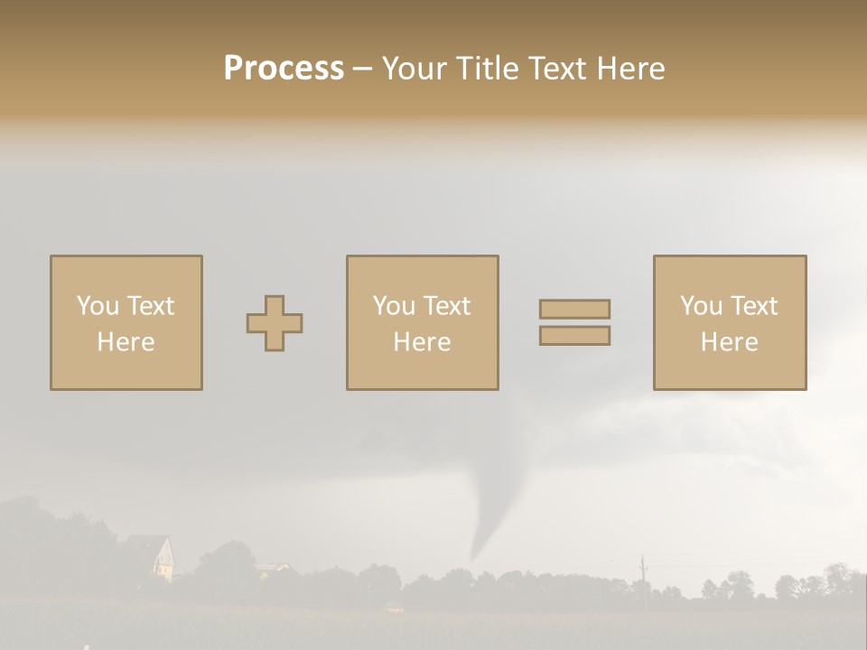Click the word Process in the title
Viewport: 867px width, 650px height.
[284, 69]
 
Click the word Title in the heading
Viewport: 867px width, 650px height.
[487, 69]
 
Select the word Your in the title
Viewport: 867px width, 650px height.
[412, 69]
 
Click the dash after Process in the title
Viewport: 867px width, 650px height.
[362, 70]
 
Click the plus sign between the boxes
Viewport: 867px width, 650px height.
[275, 323]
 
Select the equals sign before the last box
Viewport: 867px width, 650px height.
[574, 322]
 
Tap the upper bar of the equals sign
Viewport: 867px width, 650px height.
[574, 310]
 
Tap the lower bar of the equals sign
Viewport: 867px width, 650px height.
[574, 336]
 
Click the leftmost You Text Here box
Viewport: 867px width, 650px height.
[126, 323]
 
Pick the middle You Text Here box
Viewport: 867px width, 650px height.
[422, 323]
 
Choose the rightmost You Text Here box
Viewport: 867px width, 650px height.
[729, 323]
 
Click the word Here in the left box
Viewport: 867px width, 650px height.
[126, 342]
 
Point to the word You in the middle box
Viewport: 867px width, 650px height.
[393, 306]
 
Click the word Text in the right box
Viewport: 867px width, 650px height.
[754, 306]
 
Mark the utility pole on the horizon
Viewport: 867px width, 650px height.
[643, 571]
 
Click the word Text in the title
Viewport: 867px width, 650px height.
[554, 69]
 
